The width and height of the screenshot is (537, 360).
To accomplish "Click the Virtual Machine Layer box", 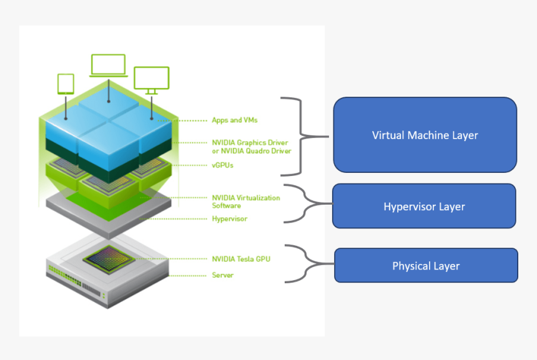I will (425, 135).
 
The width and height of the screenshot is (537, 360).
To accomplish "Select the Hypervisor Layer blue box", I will (424, 206).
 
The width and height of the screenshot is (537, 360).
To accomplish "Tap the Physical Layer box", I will (426, 266).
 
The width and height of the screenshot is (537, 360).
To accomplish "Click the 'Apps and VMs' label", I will (234, 120).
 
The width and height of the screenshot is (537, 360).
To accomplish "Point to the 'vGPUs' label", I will (222, 165).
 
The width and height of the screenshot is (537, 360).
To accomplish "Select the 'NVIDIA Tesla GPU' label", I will (240, 258).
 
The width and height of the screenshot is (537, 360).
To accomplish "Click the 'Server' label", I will (222, 275).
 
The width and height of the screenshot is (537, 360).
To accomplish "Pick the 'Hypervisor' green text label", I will (229, 219).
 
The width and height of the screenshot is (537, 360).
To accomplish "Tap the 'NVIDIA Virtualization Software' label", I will (245, 202).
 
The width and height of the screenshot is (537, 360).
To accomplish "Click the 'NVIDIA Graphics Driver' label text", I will (250, 143).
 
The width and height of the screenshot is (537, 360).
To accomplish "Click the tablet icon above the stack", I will (66, 84).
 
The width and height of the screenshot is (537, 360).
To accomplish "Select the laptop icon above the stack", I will (109, 66).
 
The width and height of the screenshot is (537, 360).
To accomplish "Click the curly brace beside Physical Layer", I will (302, 264).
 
